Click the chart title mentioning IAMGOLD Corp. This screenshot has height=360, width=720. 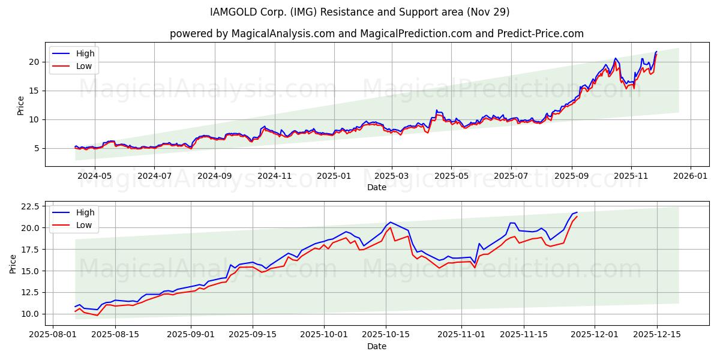point(360,12)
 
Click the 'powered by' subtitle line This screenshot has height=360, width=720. point(376,34)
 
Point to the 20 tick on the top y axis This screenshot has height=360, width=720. point(34,62)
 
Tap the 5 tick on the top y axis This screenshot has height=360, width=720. point(37,148)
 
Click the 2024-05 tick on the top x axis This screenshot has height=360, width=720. point(95,176)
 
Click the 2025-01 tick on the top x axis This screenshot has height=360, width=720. point(334,176)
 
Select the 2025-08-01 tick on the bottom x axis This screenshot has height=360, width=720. point(53,335)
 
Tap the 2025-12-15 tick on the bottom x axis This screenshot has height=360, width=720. point(656,335)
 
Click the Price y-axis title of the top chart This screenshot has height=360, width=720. point(21,105)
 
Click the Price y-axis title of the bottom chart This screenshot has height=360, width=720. point(13,264)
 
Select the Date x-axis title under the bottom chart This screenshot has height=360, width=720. point(377,346)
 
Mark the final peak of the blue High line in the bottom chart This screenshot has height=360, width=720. point(577,212)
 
